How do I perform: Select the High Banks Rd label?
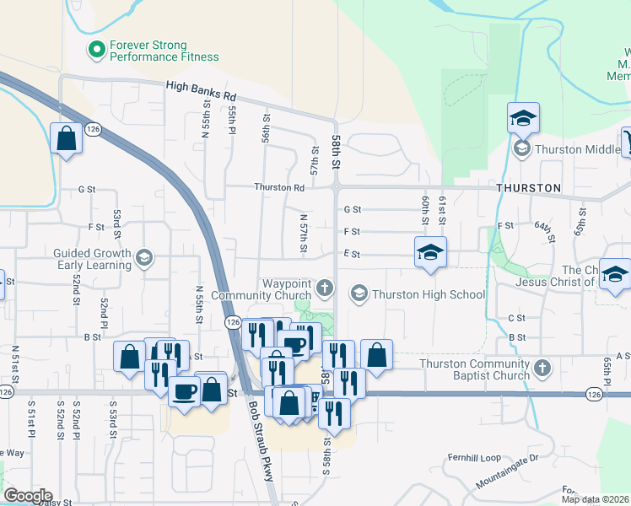point(201,86)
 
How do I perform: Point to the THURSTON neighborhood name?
point(529,187)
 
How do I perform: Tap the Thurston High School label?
point(429,294)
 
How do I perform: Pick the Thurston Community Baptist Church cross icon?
point(542,369)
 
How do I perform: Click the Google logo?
point(27,496)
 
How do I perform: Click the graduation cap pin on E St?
point(430,252)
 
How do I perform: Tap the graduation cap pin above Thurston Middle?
point(523,118)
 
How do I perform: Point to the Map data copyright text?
point(593,499)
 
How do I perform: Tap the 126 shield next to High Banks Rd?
point(93,129)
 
